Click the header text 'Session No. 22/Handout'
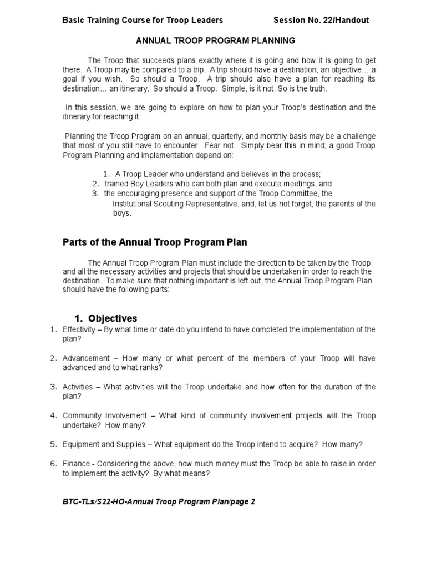coord(321,20)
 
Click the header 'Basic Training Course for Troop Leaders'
coord(143,20)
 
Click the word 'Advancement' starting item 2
coord(86,358)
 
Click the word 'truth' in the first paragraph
coord(317,89)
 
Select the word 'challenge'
coord(356,136)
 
